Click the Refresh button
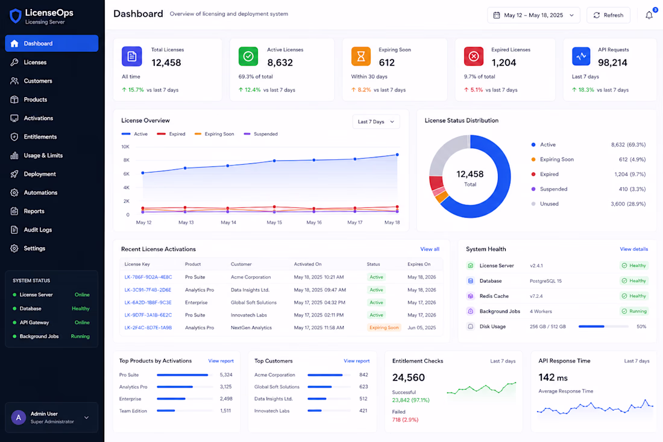point(608,15)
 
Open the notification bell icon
point(649,16)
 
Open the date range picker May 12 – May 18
point(533,15)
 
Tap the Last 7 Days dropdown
point(376,122)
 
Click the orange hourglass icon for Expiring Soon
point(360,56)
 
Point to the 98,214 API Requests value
point(612,63)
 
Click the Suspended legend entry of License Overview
point(261,134)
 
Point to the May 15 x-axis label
point(274,223)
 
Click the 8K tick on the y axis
point(126,160)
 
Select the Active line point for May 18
point(397,155)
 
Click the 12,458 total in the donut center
point(470,174)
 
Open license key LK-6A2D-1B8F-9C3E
point(148,303)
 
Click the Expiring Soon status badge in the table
point(384,327)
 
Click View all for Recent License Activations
point(430,249)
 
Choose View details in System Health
point(634,249)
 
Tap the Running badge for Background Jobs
point(634,311)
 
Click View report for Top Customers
point(356,361)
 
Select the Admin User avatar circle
point(18,417)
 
